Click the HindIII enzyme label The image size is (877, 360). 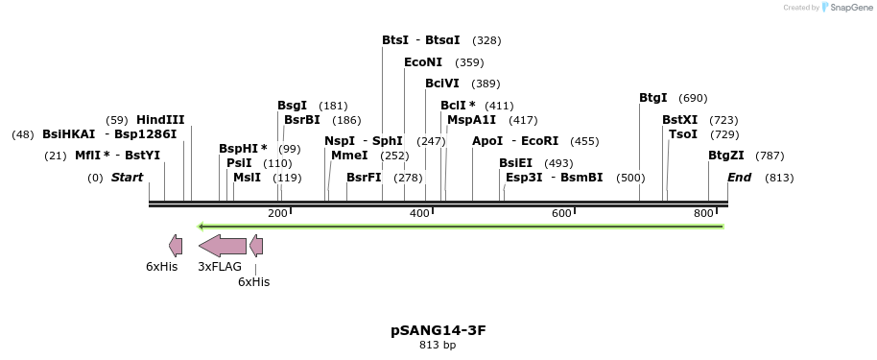(x=160, y=120)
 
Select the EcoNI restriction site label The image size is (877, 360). (x=423, y=62)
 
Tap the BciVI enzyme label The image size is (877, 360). (x=442, y=84)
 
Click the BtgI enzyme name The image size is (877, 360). (x=653, y=98)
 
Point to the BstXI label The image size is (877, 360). (x=680, y=120)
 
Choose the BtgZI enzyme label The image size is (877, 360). (x=726, y=156)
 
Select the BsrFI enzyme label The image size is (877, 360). (x=364, y=178)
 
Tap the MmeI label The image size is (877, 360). (x=349, y=156)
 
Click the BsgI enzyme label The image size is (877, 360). (x=293, y=106)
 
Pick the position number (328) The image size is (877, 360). (x=487, y=40)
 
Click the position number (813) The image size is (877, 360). (x=779, y=178)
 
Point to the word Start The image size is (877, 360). (x=127, y=178)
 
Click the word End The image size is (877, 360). (x=739, y=178)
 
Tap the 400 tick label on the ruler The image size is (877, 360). (x=419, y=212)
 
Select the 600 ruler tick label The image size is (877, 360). (x=561, y=212)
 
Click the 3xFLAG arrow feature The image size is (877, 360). (x=223, y=245)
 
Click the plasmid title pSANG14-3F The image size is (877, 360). (x=438, y=330)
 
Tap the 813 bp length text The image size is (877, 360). (x=438, y=345)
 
